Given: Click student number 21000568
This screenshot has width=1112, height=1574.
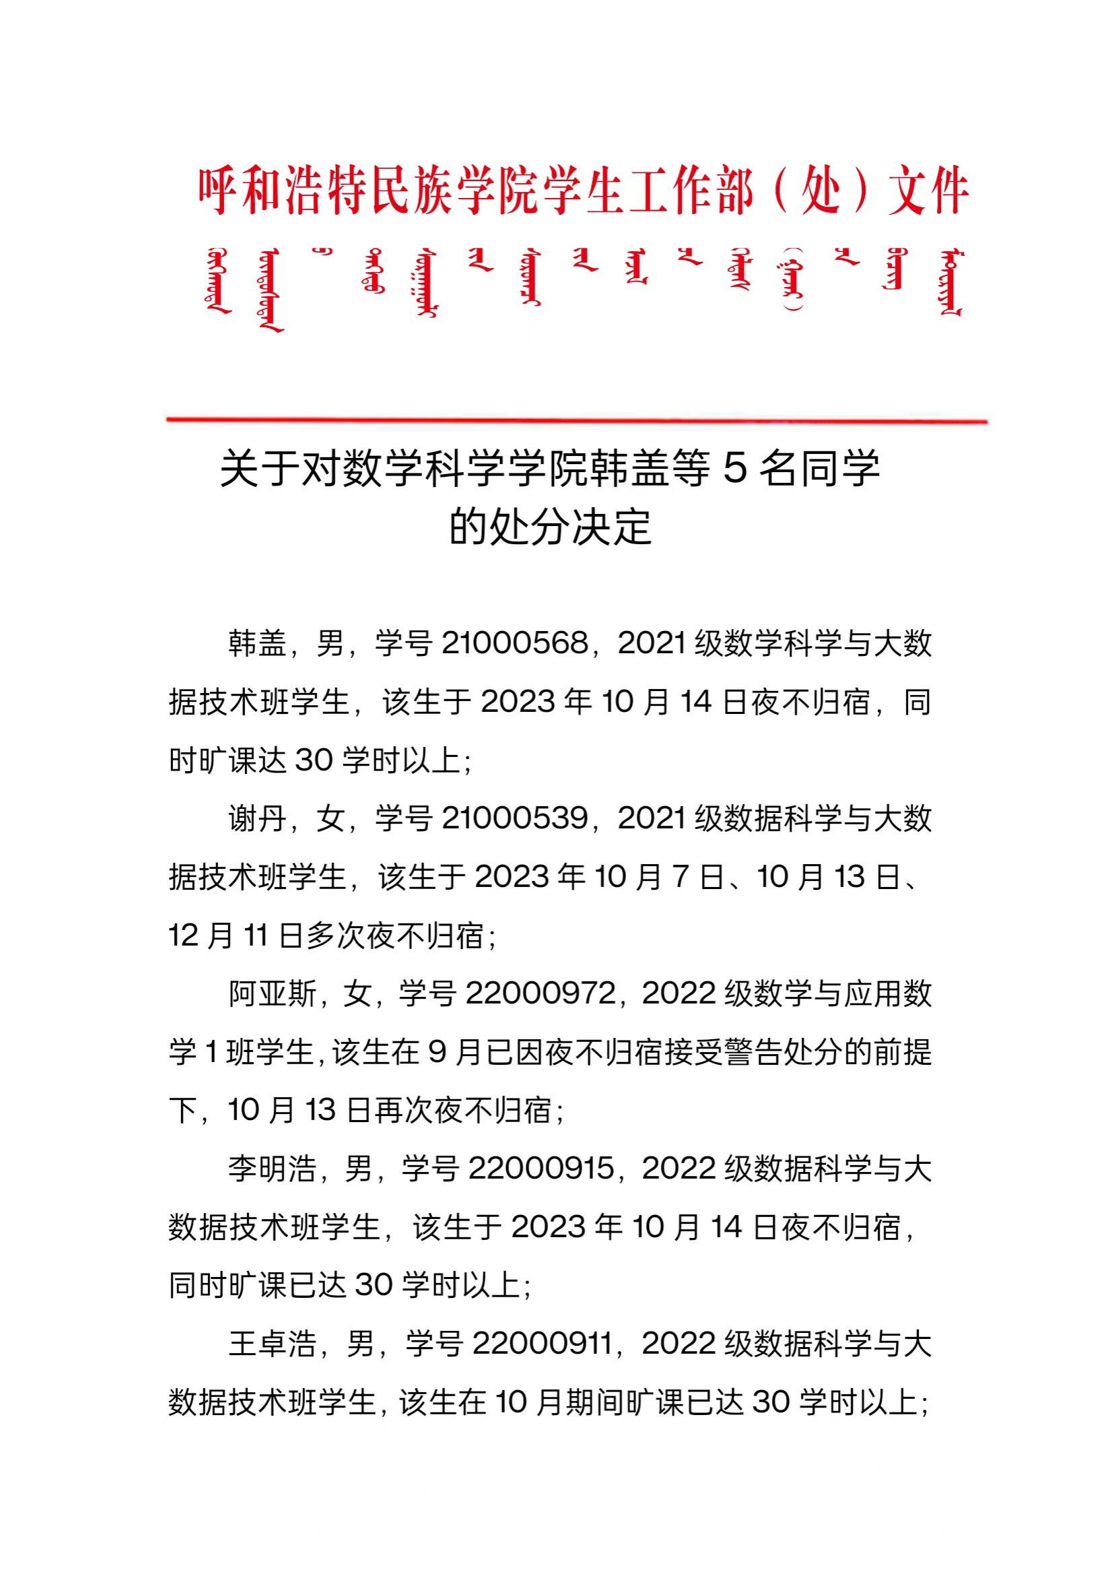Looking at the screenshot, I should click(x=515, y=644).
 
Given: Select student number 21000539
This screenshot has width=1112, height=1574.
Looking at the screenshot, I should click(x=515, y=818).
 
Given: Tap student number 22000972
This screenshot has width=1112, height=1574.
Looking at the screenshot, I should click(x=541, y=993).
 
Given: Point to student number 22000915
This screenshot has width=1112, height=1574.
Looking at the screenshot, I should click(x=541, y=1168).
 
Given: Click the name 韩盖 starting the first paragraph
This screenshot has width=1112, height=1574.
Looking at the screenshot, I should click(x=258, y=644).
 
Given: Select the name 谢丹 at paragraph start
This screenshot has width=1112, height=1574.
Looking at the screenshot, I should click(x=258, y=818).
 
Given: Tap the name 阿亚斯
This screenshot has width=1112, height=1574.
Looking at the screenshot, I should click(x=273, y=993).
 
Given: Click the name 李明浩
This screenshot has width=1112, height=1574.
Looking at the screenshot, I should click(x=273, y=1168).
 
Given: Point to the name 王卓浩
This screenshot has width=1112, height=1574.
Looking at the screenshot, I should click(x=273, y=1343).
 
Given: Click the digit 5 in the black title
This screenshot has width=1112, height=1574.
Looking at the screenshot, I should click(x=734, y=469).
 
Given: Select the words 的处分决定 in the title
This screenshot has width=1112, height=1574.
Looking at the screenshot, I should click(x=550, y=527).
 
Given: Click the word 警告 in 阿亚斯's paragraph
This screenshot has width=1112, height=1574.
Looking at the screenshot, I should click(x=759, y=1052).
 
